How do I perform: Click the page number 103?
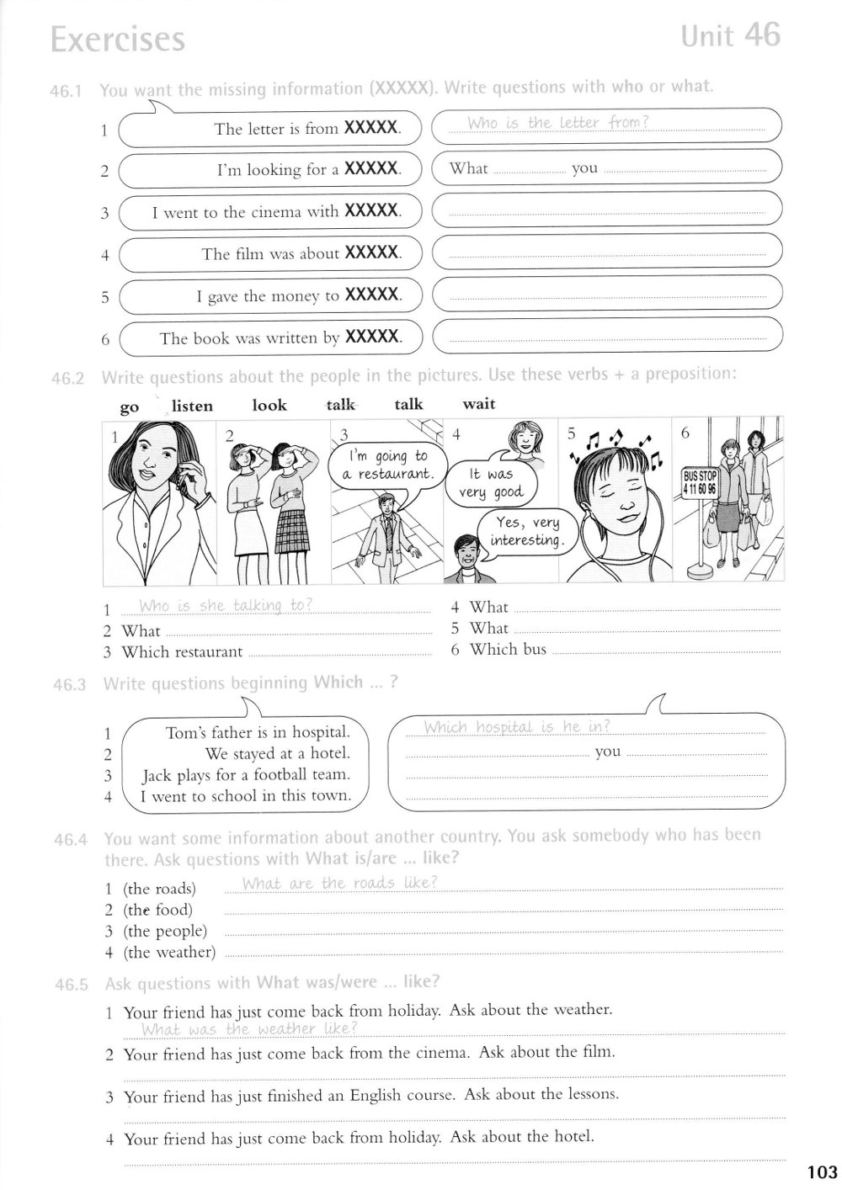click(x=821, y=1172)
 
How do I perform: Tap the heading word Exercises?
click(x=117, y=40)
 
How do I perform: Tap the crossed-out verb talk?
click(x=340, y=405)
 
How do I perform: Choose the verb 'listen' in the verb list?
click(x=192, y=406)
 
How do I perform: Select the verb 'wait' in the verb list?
click(x=479, y=404)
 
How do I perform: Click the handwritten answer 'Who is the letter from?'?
click(x=557, y=123)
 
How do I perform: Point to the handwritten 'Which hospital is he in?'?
click(x=516, y=727)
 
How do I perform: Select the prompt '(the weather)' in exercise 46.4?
click(x=169, y=953)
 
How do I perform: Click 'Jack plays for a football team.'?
click(x=246, y=775)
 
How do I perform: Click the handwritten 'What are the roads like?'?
click(x=339, y=883)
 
